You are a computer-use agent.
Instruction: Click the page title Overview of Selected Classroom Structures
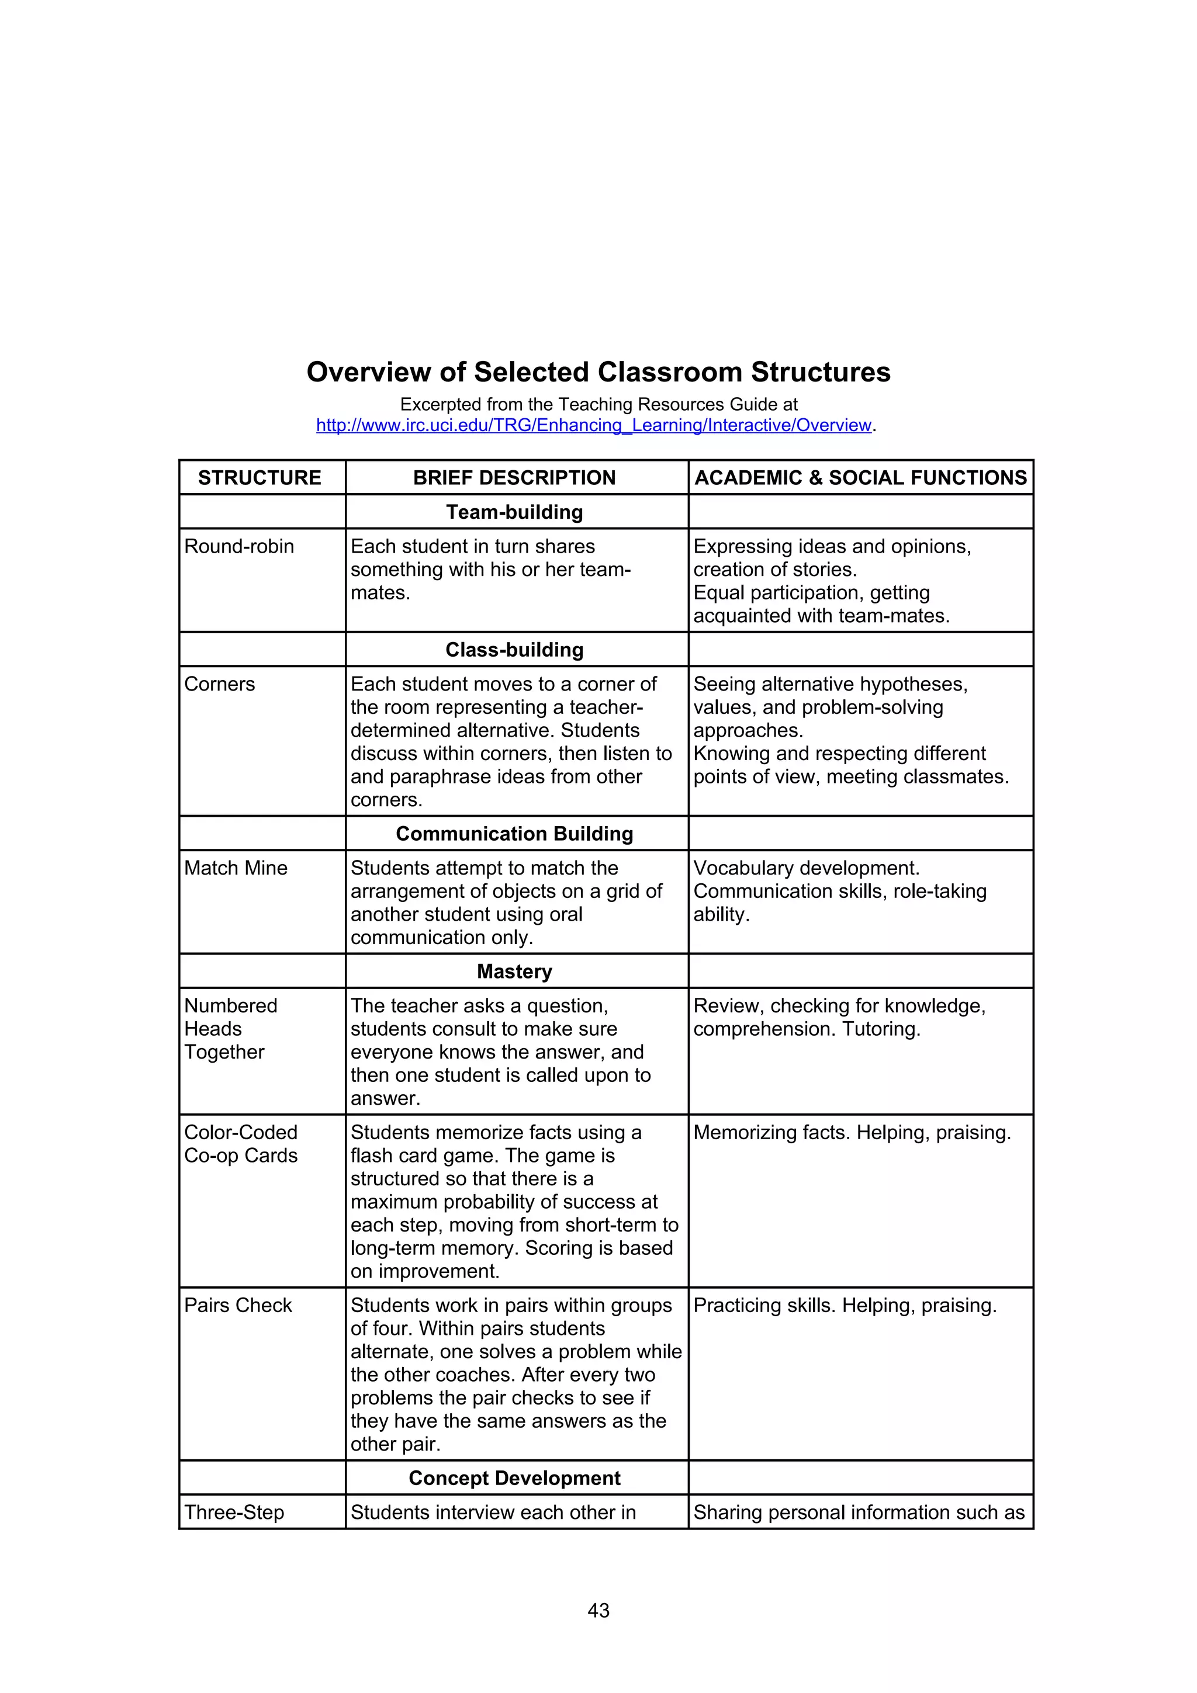[x=598, y=372]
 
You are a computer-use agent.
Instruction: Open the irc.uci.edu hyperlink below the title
[x=594, y=425]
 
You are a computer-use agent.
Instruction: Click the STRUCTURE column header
[x=260, y=478]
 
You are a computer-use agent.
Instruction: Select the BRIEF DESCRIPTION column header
[x=514, y=478]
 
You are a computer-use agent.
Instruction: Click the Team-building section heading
[x=514, y=512]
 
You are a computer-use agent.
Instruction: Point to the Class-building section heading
[x=514, y=650]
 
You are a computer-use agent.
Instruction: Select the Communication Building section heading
[x=514, y=833]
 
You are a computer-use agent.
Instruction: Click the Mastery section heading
[x=514, y=971]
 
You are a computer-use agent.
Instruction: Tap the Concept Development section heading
[x=514, y=1477]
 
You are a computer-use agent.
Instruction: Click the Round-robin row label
[x=239, y=546]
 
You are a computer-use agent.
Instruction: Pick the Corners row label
[x=220, y=684]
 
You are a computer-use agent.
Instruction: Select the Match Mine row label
[x=236, y=868]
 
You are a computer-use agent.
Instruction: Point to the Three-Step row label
[x=234, y=1512]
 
